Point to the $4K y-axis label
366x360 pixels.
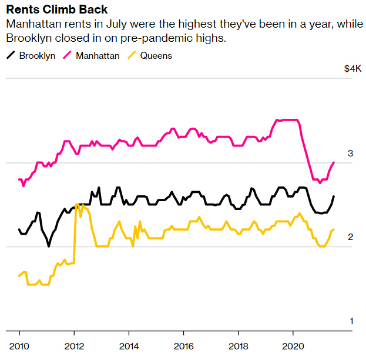(352, 69)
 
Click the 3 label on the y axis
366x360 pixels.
(350, 154)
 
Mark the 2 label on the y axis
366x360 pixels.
(350, 237)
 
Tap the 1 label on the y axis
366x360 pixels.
(350, 321)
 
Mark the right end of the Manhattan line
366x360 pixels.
(334, 162)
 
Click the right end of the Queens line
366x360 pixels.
(334, 229)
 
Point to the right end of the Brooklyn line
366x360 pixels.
(334, 196)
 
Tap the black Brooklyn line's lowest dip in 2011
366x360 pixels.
(49, 246)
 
